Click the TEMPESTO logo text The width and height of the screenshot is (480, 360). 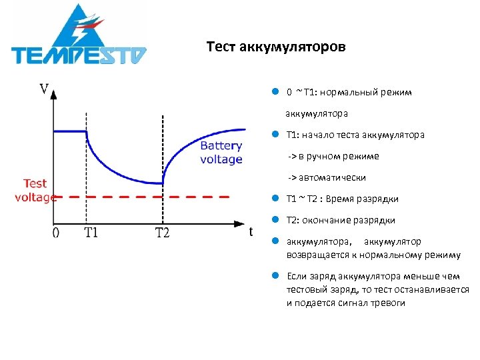point(79,54)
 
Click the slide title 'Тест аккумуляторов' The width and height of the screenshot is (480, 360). point(276,47)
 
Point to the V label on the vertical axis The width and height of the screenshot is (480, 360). point(44,89)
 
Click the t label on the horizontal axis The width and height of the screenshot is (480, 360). point(251,231)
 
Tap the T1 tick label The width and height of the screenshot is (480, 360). point(91,233)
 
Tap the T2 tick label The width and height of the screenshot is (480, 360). point(162,233)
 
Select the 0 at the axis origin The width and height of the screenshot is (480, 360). point(56,233)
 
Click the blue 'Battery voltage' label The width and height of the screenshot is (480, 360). point(221,153)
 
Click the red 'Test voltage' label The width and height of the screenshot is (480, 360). point(35,190)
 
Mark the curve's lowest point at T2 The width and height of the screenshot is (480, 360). point(163,183)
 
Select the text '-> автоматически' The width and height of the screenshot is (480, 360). point(327,177)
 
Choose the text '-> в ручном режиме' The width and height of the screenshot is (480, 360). point(333,156)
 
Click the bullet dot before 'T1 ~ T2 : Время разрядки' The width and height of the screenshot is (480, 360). point(274,199)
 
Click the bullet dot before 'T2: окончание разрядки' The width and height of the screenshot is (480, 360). point(274,220)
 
